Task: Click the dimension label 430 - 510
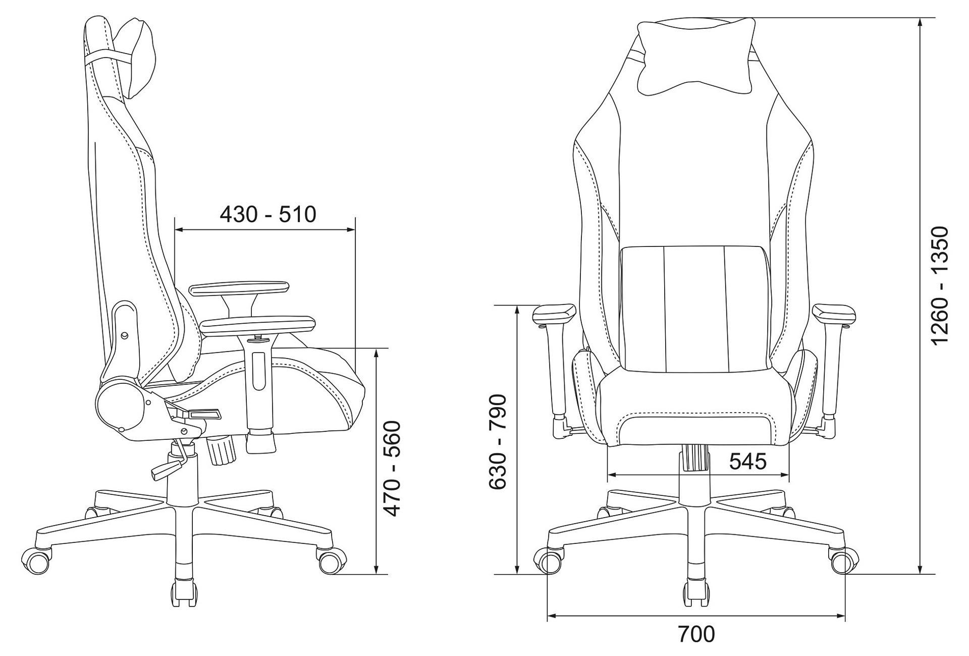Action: [268, 214]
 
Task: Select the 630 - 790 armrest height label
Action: [498, 441]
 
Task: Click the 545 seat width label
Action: [748, 461]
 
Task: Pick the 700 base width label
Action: [696, 634]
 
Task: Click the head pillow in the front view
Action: [696, 57]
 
